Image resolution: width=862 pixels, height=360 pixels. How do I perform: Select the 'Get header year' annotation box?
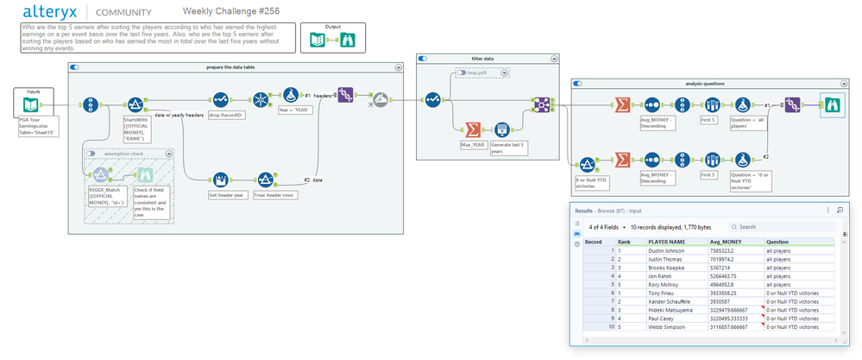point(226,196)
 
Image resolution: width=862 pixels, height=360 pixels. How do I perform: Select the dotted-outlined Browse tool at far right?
point(833,104)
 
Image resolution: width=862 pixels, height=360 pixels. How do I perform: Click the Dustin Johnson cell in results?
point(666,250)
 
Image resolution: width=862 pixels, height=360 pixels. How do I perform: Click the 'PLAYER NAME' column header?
point(666,242)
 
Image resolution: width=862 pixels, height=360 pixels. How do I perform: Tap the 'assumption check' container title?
point(125,153)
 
